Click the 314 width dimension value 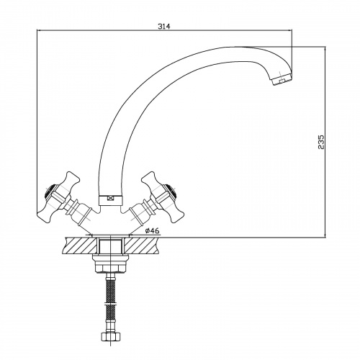(x=164, y=26)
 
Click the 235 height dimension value (x=321, y=142)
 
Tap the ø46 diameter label (x=152, y=230)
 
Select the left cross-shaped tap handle (x=58, y=197)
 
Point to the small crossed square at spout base (x=110, y=198)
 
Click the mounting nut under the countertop (x=110, y=264)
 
